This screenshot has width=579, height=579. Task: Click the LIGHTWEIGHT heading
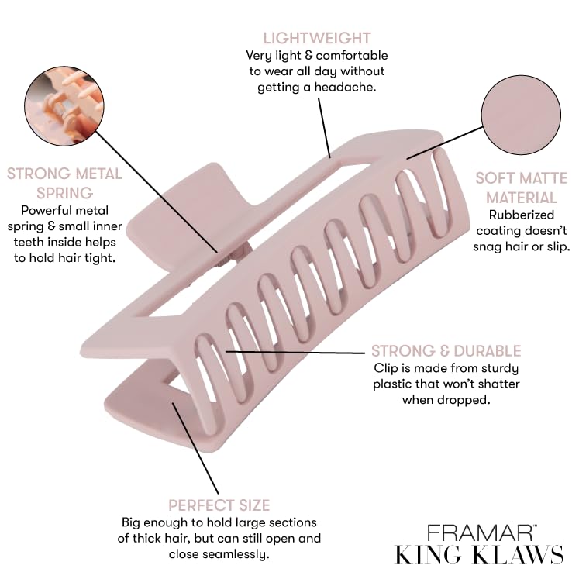316,37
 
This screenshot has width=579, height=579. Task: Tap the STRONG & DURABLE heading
446,351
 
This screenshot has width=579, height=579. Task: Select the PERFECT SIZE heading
219,505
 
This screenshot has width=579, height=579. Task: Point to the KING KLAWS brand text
479,556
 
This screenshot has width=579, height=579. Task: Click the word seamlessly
236,553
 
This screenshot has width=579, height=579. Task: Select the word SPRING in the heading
50,192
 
